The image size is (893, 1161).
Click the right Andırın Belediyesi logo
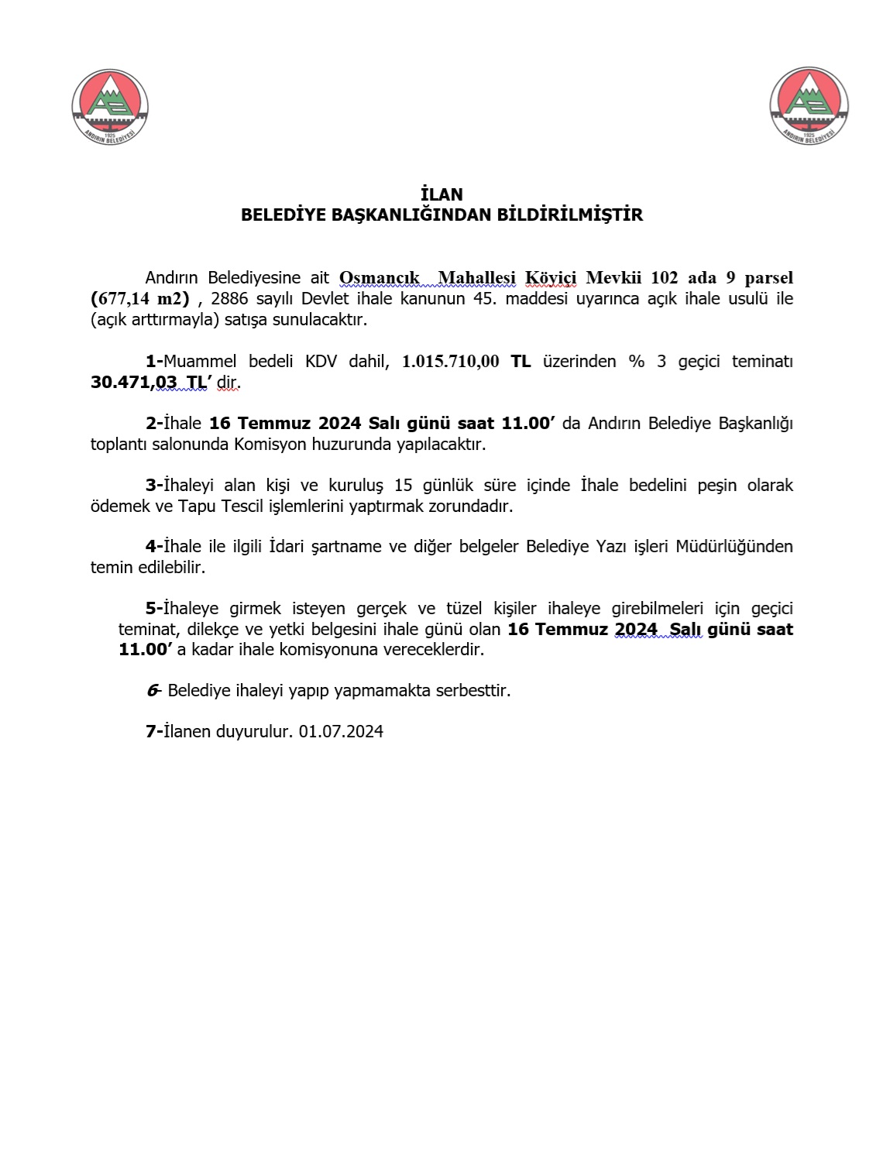[x=809, y=106]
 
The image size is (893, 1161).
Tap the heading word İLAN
[x=441, y=194]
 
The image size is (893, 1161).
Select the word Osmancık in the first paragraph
[x=380, y=277]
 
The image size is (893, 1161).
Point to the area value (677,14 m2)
[x=140, y=298]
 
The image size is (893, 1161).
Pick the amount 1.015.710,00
[x=450, y=361]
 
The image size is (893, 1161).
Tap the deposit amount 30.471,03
[x=133, y=382]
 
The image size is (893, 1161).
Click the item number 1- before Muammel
[x=154, y=361]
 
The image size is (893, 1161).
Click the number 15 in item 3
[x=403, y=485]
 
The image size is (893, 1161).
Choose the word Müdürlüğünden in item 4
[x=733, y=546]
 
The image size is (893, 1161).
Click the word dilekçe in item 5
[x=214, y=629]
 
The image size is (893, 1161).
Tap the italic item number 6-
[x=153, y=690]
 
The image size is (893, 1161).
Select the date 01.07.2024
[x=341, y=731]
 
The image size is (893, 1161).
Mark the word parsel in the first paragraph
[x=768, y=277]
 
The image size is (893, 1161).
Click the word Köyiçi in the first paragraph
[x=551, y=277]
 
